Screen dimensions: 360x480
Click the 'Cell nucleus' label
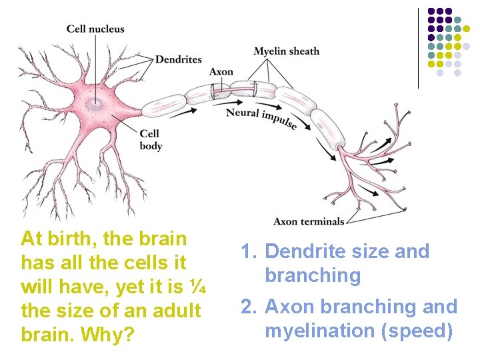[95, 29]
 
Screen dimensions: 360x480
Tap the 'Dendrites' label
[178, 59]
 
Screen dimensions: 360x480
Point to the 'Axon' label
[221, 72]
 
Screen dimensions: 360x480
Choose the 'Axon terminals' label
[309, 221]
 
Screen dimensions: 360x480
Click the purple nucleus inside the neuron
[97, 103]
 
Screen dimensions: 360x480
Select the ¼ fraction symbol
[197, 287]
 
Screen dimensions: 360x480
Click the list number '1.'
[249, 251]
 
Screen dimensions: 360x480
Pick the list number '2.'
[249, 307]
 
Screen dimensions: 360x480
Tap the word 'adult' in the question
[177, 311]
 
